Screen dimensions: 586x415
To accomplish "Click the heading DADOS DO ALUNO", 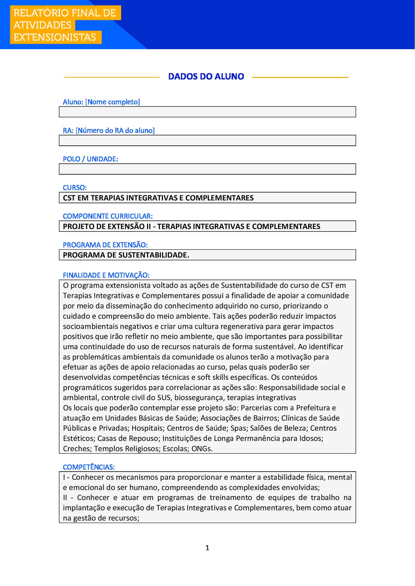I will click(x=206, y=76).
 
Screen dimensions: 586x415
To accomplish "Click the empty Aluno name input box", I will click(x=207, y=112).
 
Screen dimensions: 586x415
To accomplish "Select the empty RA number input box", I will click(x=207, y=141).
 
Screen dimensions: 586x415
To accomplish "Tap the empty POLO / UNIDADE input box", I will click(x=207, y=169).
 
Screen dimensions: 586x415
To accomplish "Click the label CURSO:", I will click(x=75, y=187).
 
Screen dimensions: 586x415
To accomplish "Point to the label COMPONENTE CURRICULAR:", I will click(x=108, y=216).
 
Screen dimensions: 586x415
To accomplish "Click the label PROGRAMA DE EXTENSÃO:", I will click(x=105, y=245).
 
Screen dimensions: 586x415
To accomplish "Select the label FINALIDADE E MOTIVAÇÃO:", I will click(x=106, y=275).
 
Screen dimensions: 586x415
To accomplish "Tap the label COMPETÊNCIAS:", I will click(x=89, y=467).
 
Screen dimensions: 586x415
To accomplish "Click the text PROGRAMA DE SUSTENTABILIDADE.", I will click(x=126, y=255).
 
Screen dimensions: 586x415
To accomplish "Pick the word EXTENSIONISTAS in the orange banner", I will click(x=55, y=38).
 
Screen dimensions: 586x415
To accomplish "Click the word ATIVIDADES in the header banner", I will click(x=43, y=25).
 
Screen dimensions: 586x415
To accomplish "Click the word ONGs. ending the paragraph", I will click(x=202, y=448).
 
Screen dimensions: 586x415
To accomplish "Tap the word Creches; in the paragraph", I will click(x=77, y=448).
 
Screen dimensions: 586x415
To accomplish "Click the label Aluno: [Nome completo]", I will click(x=101, y=102).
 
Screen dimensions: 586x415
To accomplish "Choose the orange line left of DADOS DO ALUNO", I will click(x=112, y=77).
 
